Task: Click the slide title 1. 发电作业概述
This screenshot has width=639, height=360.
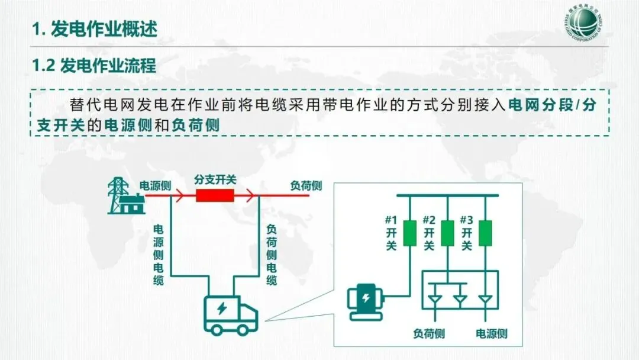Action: click(95, 29)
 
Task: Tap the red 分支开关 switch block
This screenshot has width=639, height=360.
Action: click(215, 195)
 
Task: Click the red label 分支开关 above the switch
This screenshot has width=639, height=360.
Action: click(214, 178)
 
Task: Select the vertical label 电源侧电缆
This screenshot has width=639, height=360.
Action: click(159, 255)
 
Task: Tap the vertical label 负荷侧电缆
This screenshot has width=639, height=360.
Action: click(272, 255)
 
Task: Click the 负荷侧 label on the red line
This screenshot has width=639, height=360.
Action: click(306, 186)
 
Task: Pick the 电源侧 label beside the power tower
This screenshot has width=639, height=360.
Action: click(155, 186)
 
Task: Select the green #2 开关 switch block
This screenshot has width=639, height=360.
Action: click(448, 233)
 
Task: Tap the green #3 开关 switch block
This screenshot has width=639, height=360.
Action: click(485, 233)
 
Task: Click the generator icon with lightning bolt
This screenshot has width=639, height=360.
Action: click(367, 302)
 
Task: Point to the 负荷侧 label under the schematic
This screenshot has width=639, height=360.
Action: click(429, 333)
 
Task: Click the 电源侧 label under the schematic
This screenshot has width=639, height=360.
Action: click(492, 333)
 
